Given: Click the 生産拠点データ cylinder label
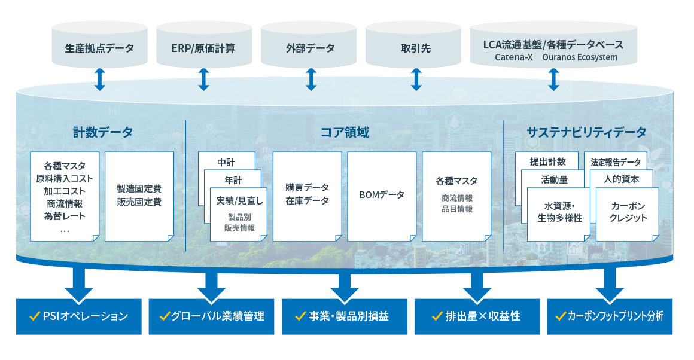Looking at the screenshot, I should (x=99, y=48).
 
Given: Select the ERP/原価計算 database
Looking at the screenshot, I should (x=203, y=48).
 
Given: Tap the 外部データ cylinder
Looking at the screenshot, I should (x=310, y=48).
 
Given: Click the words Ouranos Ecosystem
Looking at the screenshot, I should (x=580, y=58).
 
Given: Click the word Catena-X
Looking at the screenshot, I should (x=513, y=58).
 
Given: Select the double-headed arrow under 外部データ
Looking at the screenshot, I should (x=311, y=79).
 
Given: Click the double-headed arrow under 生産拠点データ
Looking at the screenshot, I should (x=100, y=79).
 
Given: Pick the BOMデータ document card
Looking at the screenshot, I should (x=382, y=195).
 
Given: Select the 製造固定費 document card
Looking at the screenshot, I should (x=139, y=196).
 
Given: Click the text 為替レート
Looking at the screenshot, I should (x=65, y=216).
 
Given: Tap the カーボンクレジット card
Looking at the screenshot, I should (x=628, y=212).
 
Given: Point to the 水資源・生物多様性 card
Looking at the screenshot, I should (x=559, y=212).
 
